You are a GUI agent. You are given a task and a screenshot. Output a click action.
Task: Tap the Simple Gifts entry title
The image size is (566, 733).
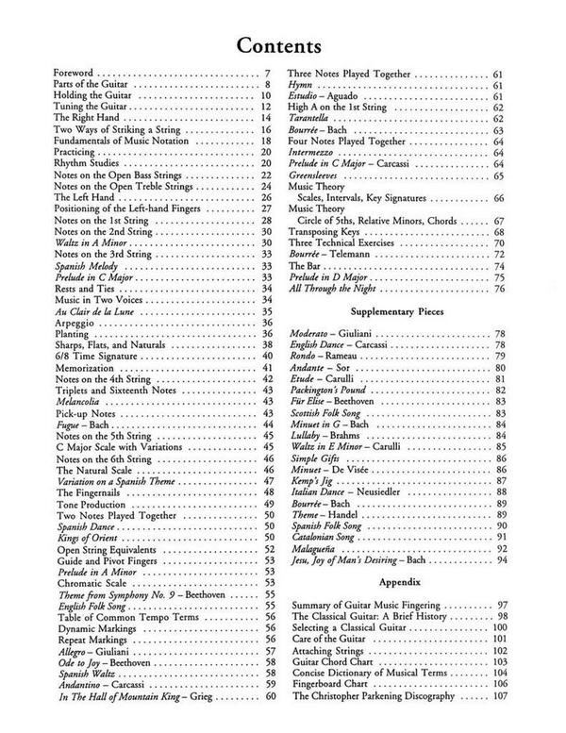tap(320, 457)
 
